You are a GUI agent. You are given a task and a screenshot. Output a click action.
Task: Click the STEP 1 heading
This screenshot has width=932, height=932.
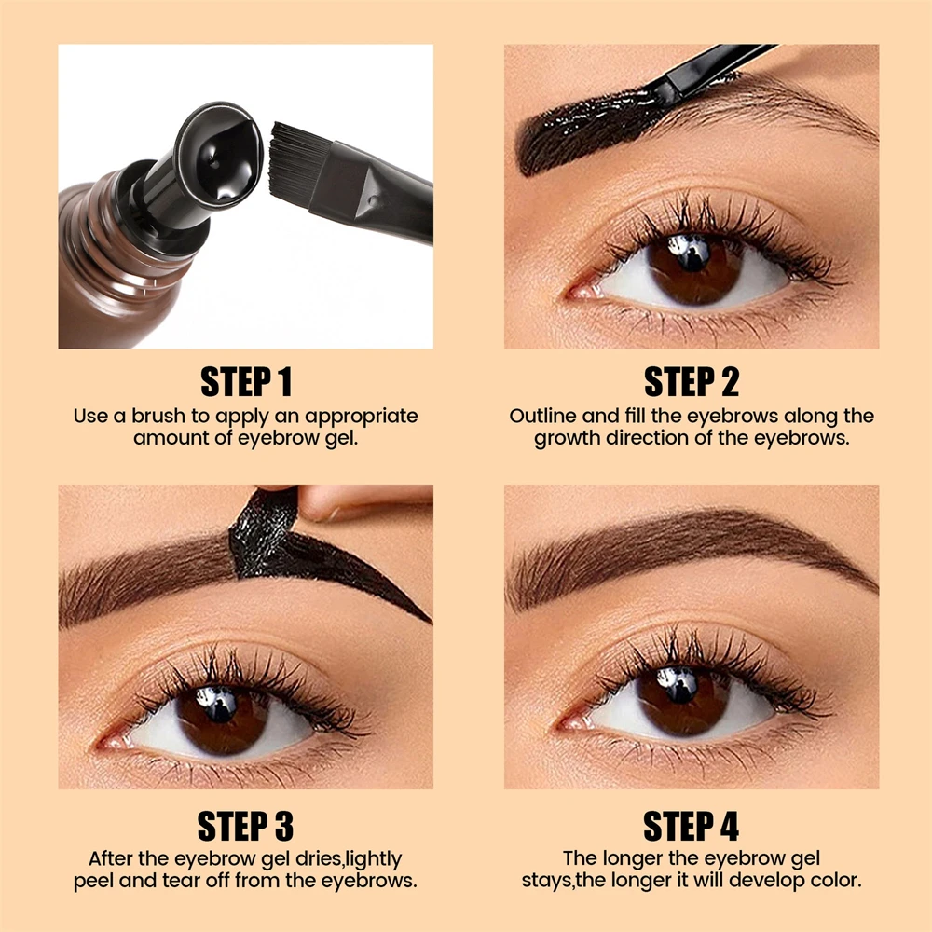[x=246, y=382]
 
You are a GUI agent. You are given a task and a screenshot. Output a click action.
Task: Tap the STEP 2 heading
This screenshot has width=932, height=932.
[x=691, y=382]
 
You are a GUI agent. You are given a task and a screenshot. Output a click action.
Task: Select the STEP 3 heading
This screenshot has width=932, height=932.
[x=246, y=826]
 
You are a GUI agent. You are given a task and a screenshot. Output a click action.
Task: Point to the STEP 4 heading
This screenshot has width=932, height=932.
[x=691, y=826]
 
